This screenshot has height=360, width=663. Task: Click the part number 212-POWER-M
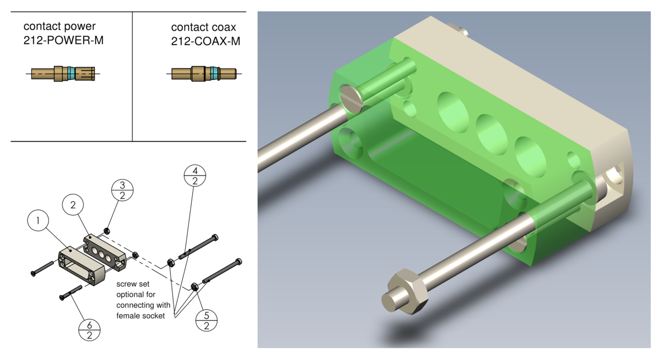[64, 40]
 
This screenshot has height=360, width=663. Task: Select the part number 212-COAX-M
[206, 41]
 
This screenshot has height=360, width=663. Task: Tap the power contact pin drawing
[63, 74]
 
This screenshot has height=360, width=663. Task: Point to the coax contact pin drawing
[204, 74]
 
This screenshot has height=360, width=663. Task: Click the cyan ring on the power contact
[71, 74]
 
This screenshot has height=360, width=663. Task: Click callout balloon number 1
[38, 220]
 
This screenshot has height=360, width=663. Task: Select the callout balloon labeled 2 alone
[73, 205]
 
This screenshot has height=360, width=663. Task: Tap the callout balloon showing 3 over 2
[122, 190]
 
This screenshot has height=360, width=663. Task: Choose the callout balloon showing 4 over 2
[195, 176]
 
